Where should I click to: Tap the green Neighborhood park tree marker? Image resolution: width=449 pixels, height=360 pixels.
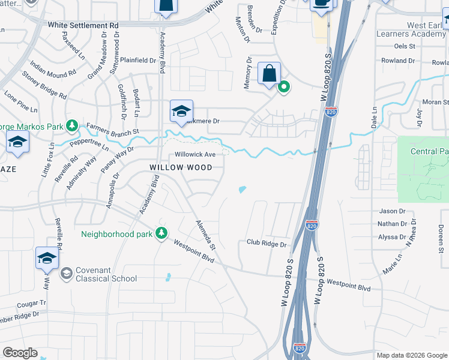click(161, 233)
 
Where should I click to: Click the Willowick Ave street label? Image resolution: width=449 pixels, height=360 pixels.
click(195, 154)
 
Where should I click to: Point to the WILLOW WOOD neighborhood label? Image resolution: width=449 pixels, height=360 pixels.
click(181, 167)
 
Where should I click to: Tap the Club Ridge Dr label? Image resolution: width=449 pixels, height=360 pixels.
click(267, 244)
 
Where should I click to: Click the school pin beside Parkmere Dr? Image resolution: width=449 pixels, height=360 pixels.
click(181, 111)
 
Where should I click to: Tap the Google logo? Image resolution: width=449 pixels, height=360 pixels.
click(20, 353)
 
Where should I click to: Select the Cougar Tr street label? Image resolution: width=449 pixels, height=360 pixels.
click(32, 304)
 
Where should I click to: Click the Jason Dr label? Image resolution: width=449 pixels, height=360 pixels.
click(393, 211)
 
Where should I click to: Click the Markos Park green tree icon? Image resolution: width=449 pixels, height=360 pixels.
click(72, 125)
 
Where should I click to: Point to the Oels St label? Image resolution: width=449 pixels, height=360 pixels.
click(405, 46)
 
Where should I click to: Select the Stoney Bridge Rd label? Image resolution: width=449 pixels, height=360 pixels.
click(44, 85)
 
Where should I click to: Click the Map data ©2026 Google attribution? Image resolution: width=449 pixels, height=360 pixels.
click(411, 355)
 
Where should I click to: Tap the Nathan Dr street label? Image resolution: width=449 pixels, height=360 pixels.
click(392, 224)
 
